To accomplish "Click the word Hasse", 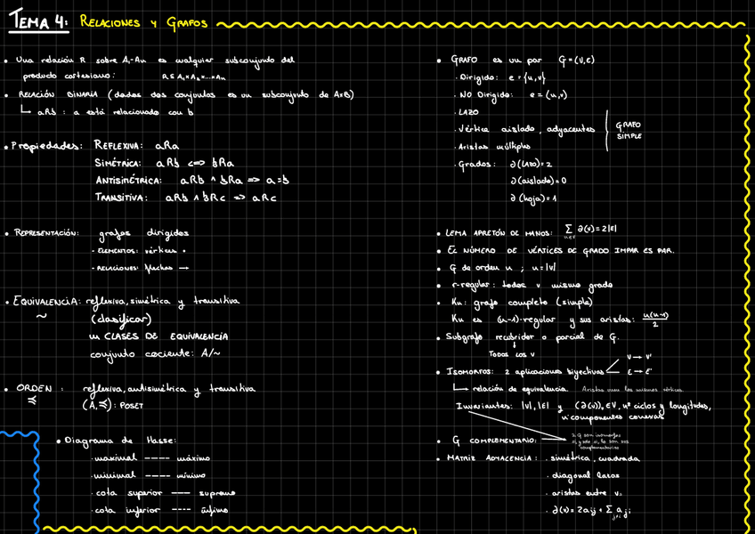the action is tap(160, 441).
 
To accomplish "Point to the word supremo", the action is tap(215, 492).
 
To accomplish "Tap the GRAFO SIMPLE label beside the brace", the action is tap(629, 130).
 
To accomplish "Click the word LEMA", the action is tap(458, 234).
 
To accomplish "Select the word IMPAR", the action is tap(627, 251).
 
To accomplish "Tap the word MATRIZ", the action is tap(463, 458).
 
